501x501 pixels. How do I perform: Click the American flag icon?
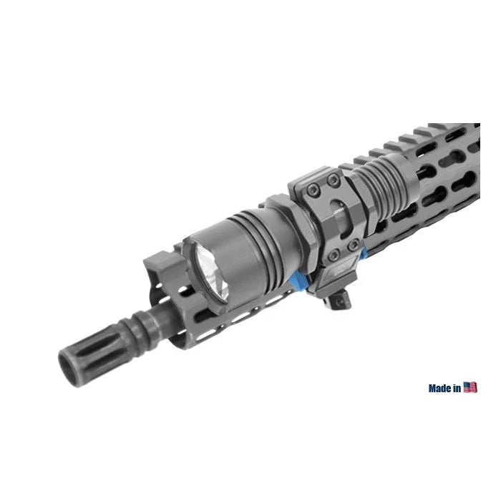point(470,387)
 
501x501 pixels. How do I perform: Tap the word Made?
point(440,388)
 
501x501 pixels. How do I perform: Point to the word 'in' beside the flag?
point(457,388)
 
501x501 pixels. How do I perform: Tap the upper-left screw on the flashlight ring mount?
point(313,190)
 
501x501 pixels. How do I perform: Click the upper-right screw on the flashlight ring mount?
point(333,180)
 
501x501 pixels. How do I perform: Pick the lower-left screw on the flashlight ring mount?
point(334,255)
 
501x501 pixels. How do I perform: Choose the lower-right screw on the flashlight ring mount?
point(353,245)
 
